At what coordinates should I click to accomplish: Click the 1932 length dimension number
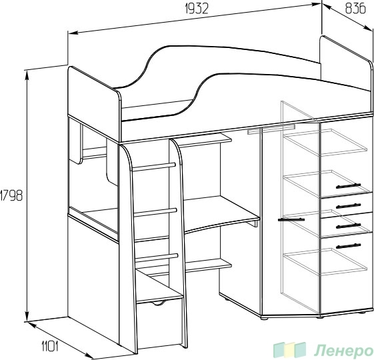pyautogui.click(x=197, y=9)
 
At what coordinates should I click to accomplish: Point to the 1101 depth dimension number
pyautogui.click(x=50, y=346)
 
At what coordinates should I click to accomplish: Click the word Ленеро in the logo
pyautogui.click(x=344, y=351)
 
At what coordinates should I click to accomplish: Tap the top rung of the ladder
pyautogui.click(x=153, y=167)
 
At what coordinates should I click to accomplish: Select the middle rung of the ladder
pyautogui.click(x=155, y=212)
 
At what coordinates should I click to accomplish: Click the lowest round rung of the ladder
pyautogui.click(x=157, y=258)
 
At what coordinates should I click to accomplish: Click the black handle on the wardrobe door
pyautogui.click(x=291, y=219)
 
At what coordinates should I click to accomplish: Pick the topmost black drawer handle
pyautogui.click(x=348, y=186)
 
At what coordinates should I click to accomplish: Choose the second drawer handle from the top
pyautogui.click(x=348, y=205)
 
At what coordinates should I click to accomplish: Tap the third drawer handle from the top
pyautogui.click(x=348, y=226)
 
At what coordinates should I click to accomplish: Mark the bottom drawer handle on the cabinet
pyautogui.click(x=348, y=246)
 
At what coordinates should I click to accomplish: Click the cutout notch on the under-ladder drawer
pyautogui.click(x=159, y=303)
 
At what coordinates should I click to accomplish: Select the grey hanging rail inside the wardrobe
pyautogui.click(x=271, y=129)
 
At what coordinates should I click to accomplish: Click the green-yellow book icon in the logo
pyautogui.click(x=290, y=350)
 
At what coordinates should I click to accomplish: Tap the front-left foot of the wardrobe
pyautogui.click(x=264, y=318)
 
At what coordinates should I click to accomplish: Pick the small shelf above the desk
pyautogui.click(x=205, y=140)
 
